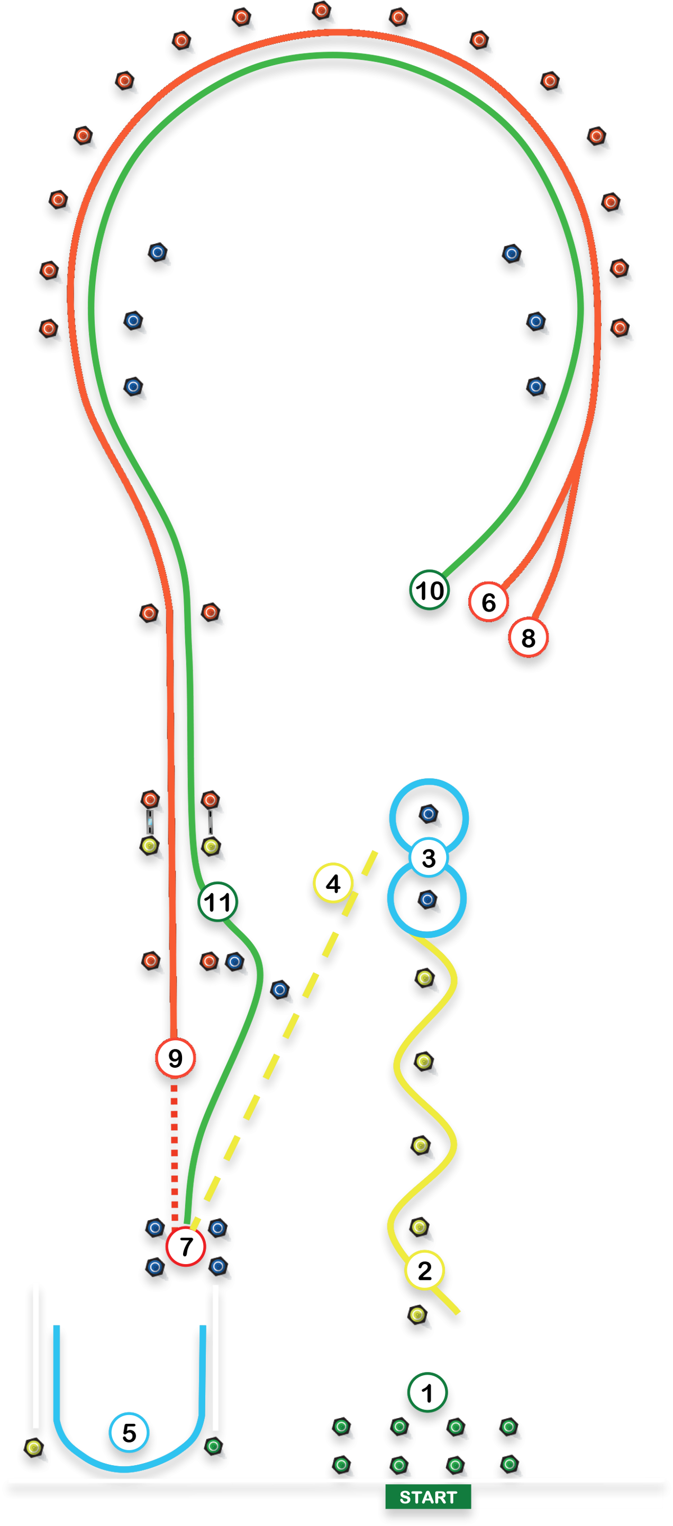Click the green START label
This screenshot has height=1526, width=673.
pos(428,1497)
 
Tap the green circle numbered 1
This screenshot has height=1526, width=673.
pos(426,1393)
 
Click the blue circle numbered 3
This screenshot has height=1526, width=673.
pos(429,857)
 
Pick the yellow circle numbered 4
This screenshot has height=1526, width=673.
pos(333,883)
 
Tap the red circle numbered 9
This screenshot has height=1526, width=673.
pos(175,1058)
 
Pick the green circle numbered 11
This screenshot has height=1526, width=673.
pos(217,902)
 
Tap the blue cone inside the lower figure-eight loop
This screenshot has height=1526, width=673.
pos(427,900)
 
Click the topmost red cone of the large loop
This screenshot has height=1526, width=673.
pos(321,11)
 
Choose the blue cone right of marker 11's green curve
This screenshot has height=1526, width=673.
pos(280,989)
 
